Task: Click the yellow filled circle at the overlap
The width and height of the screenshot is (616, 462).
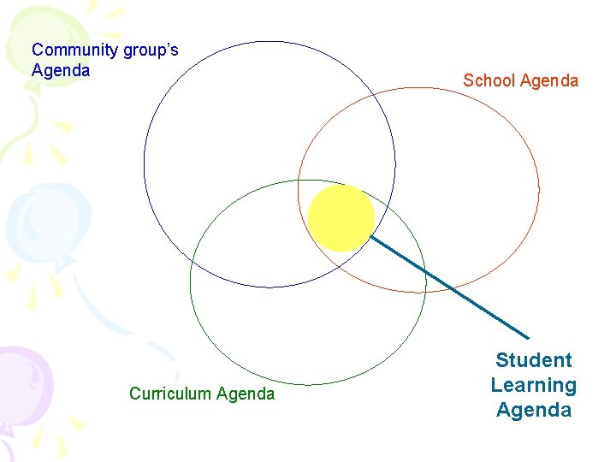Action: [341, 218]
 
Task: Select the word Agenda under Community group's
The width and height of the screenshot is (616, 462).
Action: [61, 71]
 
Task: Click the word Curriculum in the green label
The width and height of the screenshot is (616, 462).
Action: [170, 394]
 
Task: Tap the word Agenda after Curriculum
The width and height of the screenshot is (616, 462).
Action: [246, 394]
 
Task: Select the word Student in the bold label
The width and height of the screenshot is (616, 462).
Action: [533, 360]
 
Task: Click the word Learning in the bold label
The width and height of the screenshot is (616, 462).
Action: [533, 385]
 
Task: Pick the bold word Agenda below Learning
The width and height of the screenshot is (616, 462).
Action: [533, 410]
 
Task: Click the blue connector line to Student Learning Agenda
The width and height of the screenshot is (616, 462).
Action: [449, 287]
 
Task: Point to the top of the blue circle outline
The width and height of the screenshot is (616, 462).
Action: [269, 41]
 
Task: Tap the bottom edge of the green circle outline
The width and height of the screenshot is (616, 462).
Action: [308, 384]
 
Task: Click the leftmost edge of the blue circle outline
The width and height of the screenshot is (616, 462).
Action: [144, 164]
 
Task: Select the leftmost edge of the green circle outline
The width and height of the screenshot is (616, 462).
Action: [190, 282]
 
